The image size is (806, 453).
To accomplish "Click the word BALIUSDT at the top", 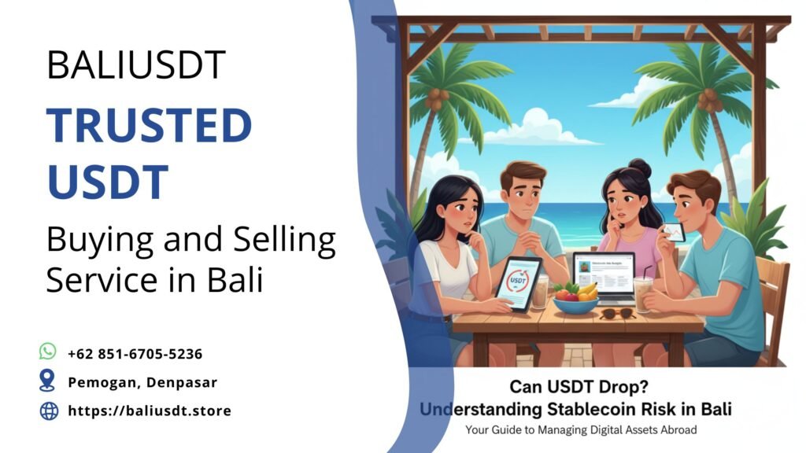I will pyautogui.click(x=136, y=64).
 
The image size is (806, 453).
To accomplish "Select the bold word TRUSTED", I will pyautogui.click(x=149, y=127).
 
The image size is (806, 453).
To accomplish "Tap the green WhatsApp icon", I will pyautogui.click(x=48, y=352).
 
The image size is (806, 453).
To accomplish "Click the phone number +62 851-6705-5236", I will pyautogui.click(x=135, y=354).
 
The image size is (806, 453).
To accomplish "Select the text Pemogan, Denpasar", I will pyautogui.click(x=142, y=382).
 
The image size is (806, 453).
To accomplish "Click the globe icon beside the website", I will pyautogui.click(x=49, y=411).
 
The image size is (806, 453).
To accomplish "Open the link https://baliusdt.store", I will pyautogui.click(x=150, y=411).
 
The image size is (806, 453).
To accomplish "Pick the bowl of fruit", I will pyautogui.click(x=575, y=300).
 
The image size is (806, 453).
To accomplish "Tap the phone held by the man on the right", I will pyautogui.click(x=672, y=232).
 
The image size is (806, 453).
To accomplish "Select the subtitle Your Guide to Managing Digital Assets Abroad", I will pyautogui.click(x=581, y=430).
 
